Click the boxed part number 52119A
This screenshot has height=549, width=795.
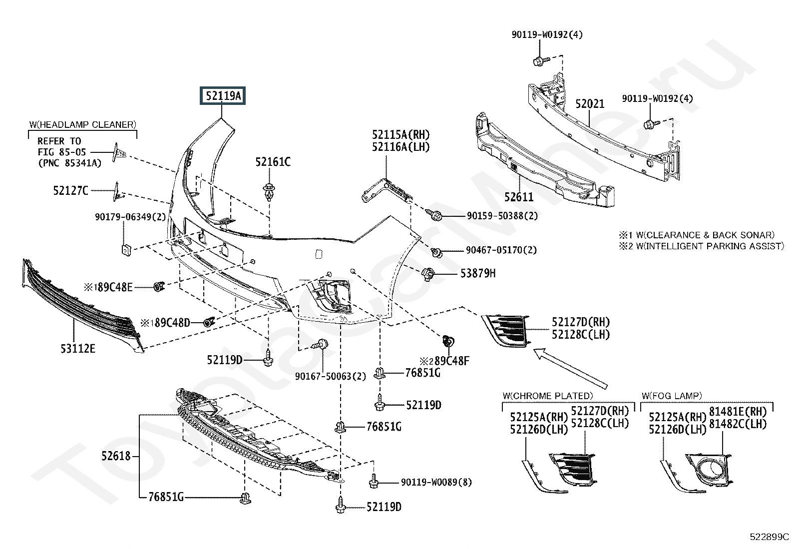pos(223,95)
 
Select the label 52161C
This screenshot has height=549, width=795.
pos(273,162)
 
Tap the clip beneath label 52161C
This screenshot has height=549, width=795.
pos(269,192)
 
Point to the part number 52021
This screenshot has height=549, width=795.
pos(589,104)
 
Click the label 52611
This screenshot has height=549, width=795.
pos(519,197)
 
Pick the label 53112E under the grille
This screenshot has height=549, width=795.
pos(78,348)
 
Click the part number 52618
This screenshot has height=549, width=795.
pos(116,456)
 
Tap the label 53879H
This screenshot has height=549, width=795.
pos(478,273)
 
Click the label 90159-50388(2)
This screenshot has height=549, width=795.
pos(502,215)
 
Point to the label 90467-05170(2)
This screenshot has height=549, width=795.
pos(501,250)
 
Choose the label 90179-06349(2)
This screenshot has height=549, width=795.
pos(130,217)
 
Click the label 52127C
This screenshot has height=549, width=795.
pos(70,191)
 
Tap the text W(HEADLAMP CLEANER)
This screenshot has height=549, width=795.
pos(83,125)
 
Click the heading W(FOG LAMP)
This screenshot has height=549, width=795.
pos(672,396)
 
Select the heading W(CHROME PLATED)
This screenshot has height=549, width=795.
pos(548,396)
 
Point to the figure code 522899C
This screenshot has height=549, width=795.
pos(769,537)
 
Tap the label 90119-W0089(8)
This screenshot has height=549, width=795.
pos(436,482)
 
